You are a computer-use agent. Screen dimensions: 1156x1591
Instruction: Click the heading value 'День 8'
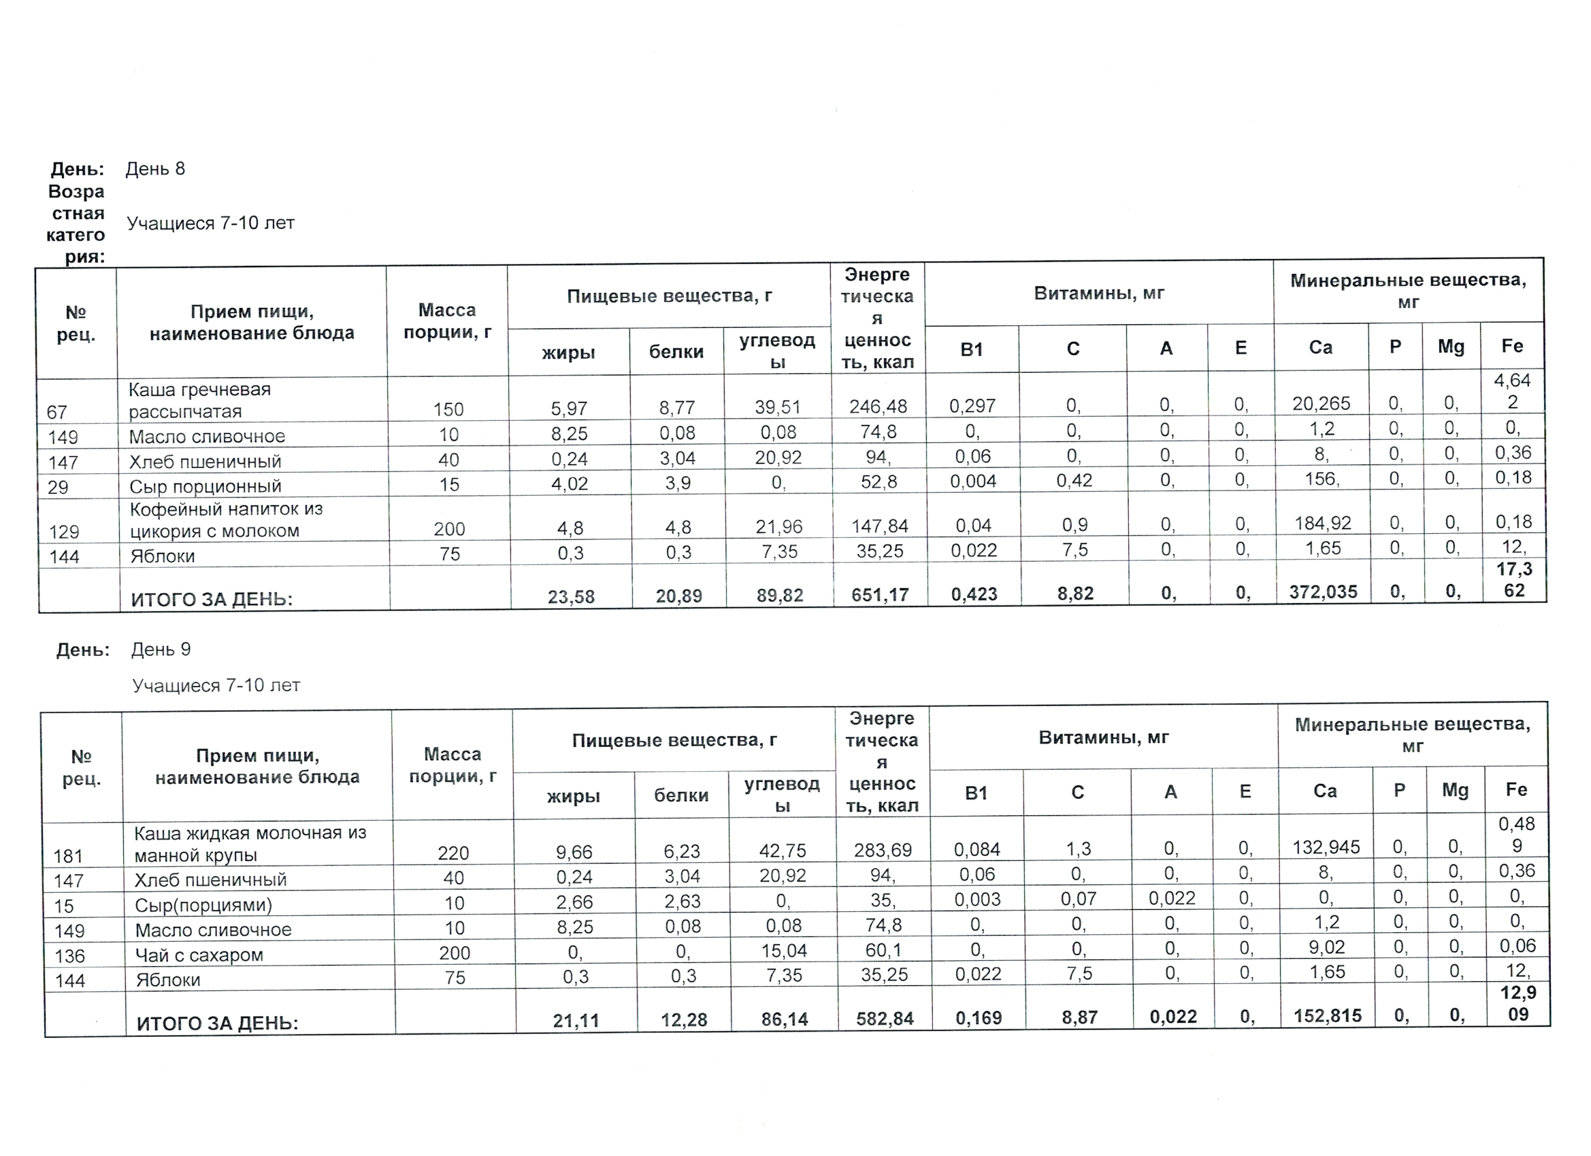click(155, 169)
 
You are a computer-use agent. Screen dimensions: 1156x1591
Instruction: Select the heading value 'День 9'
click(161, 649)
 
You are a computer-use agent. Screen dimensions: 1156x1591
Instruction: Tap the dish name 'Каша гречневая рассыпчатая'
click(199, 401)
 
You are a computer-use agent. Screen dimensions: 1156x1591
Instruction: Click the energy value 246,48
click(879, 407)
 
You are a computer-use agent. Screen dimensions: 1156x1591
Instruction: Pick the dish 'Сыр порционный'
click(205, 486)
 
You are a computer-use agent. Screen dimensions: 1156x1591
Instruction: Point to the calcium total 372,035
click(1323, 592)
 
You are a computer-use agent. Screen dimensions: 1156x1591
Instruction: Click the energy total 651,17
click(880, 595)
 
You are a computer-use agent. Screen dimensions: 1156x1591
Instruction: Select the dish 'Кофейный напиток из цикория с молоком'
click(226, 520)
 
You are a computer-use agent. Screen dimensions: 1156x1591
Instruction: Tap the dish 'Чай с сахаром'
click(199, 955)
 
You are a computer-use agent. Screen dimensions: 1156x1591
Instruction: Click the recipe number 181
click(68, 856)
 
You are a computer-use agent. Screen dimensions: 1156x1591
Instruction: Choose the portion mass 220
click(453, 853)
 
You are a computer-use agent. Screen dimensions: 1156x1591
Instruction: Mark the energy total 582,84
click(885, 1019)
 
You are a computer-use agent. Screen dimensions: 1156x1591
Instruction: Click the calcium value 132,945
click(1326, 847)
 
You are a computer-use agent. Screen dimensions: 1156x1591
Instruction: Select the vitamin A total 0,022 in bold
click(1173, 1017)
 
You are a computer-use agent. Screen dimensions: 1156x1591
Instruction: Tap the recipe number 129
click(64, 532)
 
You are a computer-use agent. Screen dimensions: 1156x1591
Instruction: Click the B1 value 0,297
click(972, 406)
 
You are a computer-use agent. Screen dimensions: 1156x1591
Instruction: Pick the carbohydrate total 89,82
click(779, 596)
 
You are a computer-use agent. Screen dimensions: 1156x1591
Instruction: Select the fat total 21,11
click(576, 1021)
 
